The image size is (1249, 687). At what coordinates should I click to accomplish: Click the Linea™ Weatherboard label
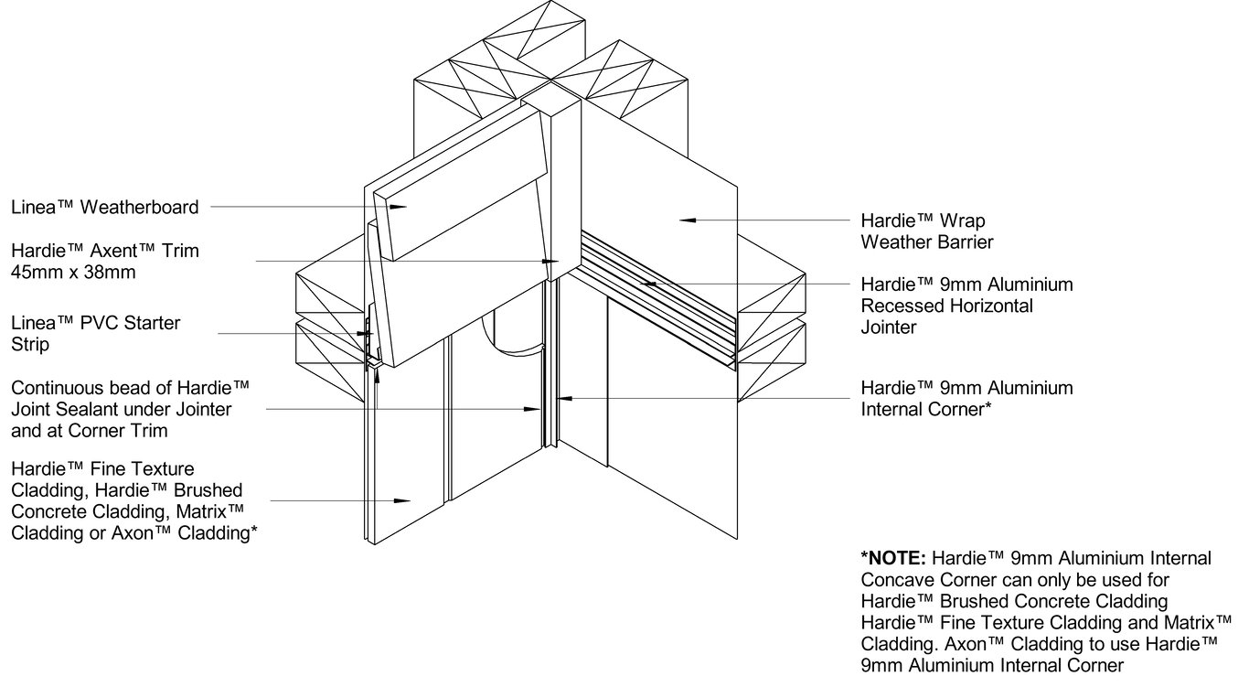104,208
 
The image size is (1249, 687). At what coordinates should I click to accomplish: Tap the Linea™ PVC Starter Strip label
96,334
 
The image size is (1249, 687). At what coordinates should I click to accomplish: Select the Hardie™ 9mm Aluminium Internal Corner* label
966,399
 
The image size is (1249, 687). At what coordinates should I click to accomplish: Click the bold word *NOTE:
895,558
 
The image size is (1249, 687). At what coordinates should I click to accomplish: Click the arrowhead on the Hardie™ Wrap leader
689,220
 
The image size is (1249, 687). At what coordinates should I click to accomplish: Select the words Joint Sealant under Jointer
121,409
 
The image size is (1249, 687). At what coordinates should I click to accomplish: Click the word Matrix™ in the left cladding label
212,510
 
